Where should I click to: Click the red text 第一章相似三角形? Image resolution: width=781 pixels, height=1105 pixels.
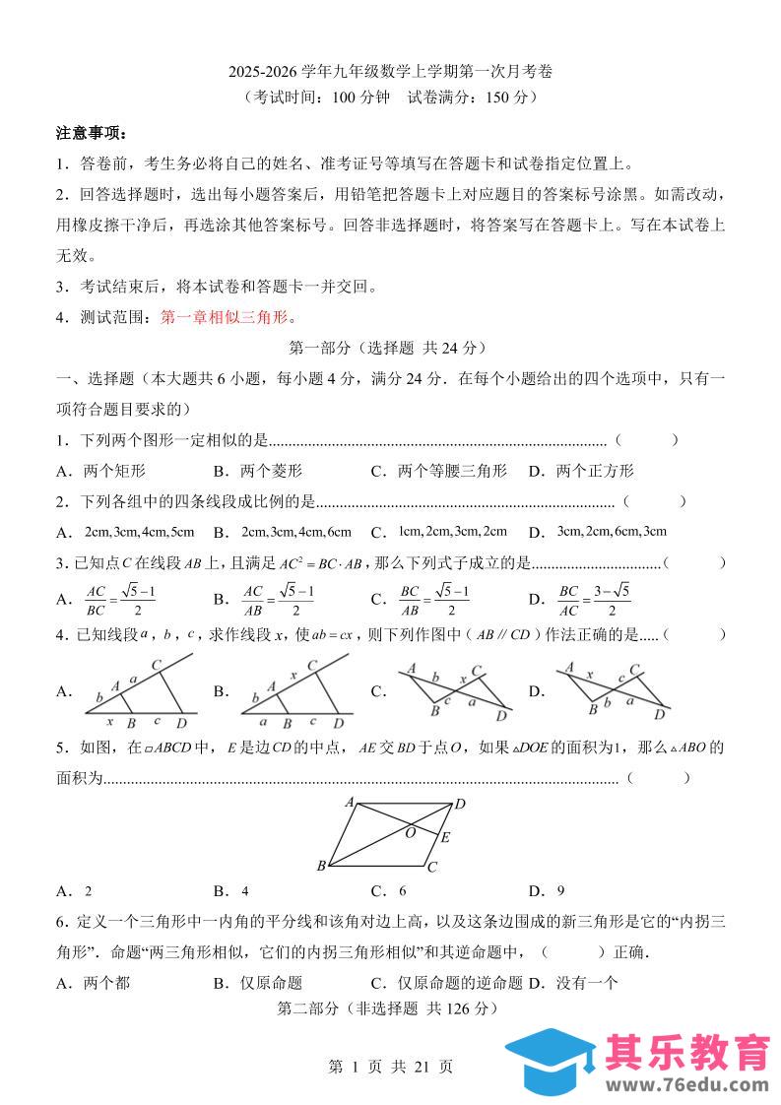point(228,317)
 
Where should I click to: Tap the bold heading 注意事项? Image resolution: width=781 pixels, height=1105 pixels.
point(92,133)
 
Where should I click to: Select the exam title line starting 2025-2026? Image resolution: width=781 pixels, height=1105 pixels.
point(390,72)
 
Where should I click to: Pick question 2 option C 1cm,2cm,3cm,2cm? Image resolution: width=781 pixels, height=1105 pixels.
point(452,532)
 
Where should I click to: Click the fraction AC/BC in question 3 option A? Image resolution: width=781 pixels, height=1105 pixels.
point(96,599)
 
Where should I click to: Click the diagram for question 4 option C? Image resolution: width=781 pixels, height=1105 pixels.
point(454,691)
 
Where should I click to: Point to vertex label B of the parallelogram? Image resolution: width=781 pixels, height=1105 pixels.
point(321,867)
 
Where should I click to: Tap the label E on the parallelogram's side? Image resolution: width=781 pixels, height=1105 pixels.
point(445,839)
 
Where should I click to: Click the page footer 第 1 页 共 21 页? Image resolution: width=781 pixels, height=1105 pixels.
point(390,1067)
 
